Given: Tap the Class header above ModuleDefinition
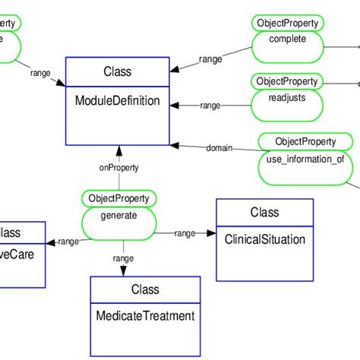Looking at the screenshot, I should tap(117, 73).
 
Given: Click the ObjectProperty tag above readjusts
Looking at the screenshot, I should tap(287, 81).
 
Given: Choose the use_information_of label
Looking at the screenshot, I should tap(305, 159).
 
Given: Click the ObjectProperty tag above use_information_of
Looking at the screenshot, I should tap(305, 141).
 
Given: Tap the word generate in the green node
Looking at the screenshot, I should tap(118, 215).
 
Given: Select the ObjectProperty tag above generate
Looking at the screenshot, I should tap(119, 198).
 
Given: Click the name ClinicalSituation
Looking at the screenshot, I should tap(264, 239).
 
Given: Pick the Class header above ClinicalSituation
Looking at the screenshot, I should tap(264, 213).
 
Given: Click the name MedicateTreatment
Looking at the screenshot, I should tap(145, 315).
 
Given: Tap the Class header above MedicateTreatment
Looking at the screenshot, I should tap(145, 289).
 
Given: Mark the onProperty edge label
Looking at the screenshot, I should tap(118, 169).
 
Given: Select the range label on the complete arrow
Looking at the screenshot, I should tap(210, 58).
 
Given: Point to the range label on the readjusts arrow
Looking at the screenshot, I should tap(210, 106).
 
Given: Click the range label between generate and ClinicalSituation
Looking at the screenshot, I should tap(185, 233).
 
